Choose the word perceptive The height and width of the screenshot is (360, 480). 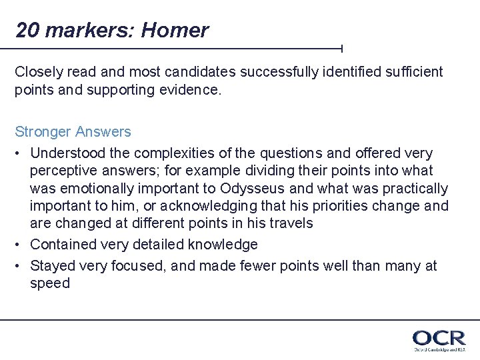[64, 171]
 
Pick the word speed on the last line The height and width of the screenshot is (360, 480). [50, 283]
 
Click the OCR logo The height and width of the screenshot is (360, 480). [438, 339]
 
